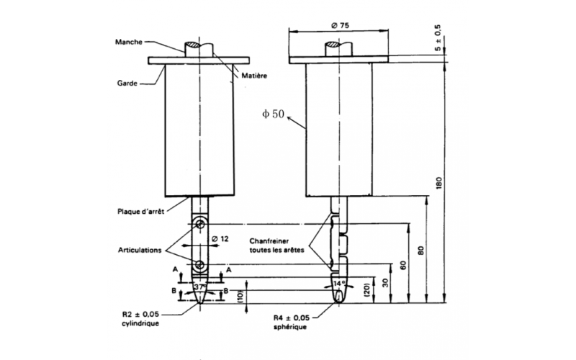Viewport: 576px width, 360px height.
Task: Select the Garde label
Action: [128, 82]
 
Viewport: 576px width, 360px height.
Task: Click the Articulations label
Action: [140, 250]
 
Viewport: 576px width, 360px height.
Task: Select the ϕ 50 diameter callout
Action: [274, 113]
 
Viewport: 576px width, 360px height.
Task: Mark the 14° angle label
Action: [338, 283]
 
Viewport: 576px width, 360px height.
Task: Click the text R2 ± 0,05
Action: [141, 315]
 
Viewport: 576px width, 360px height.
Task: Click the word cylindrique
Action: [141, 324]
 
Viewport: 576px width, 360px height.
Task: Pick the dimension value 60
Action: [403, 264]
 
